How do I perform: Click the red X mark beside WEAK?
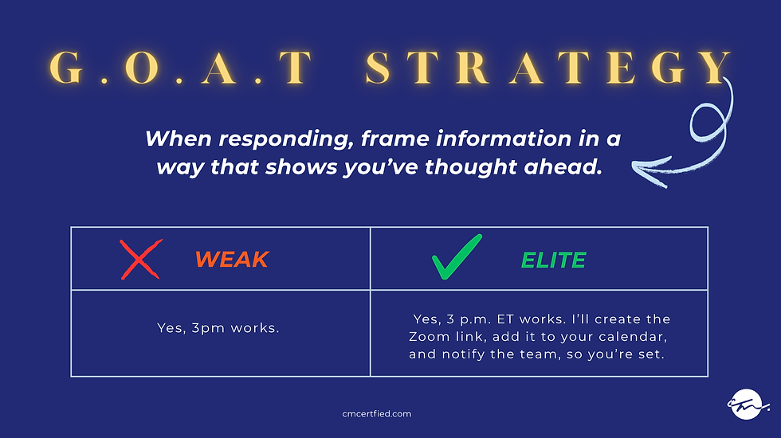click(x=141, y=260)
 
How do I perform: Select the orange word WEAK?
click(x=232, y=260)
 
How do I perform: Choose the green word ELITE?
click(x=553, y=260)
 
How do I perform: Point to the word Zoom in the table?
click(x=426, y=337)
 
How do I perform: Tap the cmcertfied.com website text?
click(x=375, y=414)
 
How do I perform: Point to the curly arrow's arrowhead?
click(x=638, y=167)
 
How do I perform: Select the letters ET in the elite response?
click(x=507, y=319)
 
